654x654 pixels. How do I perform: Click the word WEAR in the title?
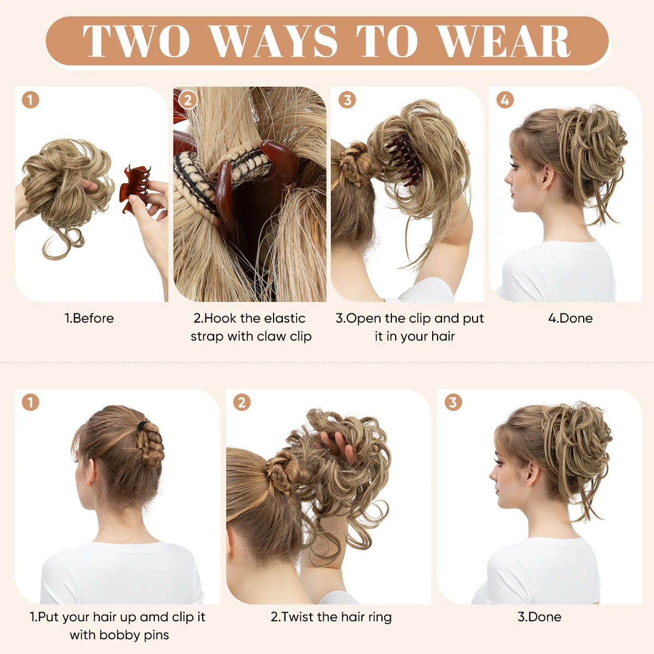click(504, 41)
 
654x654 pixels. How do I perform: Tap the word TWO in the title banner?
click(136, 41)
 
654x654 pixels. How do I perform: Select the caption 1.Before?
click(89, 318)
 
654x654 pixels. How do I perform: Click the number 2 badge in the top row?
click(188, 100)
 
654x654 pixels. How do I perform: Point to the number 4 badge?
click(505, 100)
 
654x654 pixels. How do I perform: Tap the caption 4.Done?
click(570, 318)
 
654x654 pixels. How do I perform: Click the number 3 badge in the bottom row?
click(453, 403)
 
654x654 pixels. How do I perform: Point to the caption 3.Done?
click(539, 617)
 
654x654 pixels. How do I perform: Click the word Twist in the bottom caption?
click(298, 617)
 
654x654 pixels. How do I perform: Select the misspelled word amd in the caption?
click(154, 617)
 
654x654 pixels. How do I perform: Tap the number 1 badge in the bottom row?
click(31, 403)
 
